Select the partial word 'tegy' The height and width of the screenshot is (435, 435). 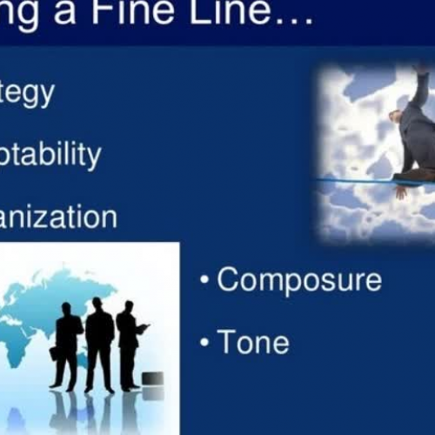pyautogui.click(x=27, y=93)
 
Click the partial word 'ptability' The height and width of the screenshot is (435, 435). pyautogui.click(x=50, y=156)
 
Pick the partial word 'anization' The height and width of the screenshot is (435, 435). pyautogui.click(x=58, y=217)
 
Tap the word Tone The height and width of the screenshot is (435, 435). pyautogui.click(x=253, y=342)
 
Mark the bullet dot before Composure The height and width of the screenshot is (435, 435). pyautogui.click(x=204, y=282)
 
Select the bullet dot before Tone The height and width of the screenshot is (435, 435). pyautogui.click(x=204, y=343)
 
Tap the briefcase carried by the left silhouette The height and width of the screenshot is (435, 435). pyautogui.click(x=54, y=353)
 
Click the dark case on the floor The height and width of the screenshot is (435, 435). pyautogui.click(x=152, y=378)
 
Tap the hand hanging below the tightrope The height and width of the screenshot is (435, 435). pyautogui.click(x=399, y=191)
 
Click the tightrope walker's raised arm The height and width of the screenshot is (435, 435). pyautogui.click(x=420, y=88)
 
